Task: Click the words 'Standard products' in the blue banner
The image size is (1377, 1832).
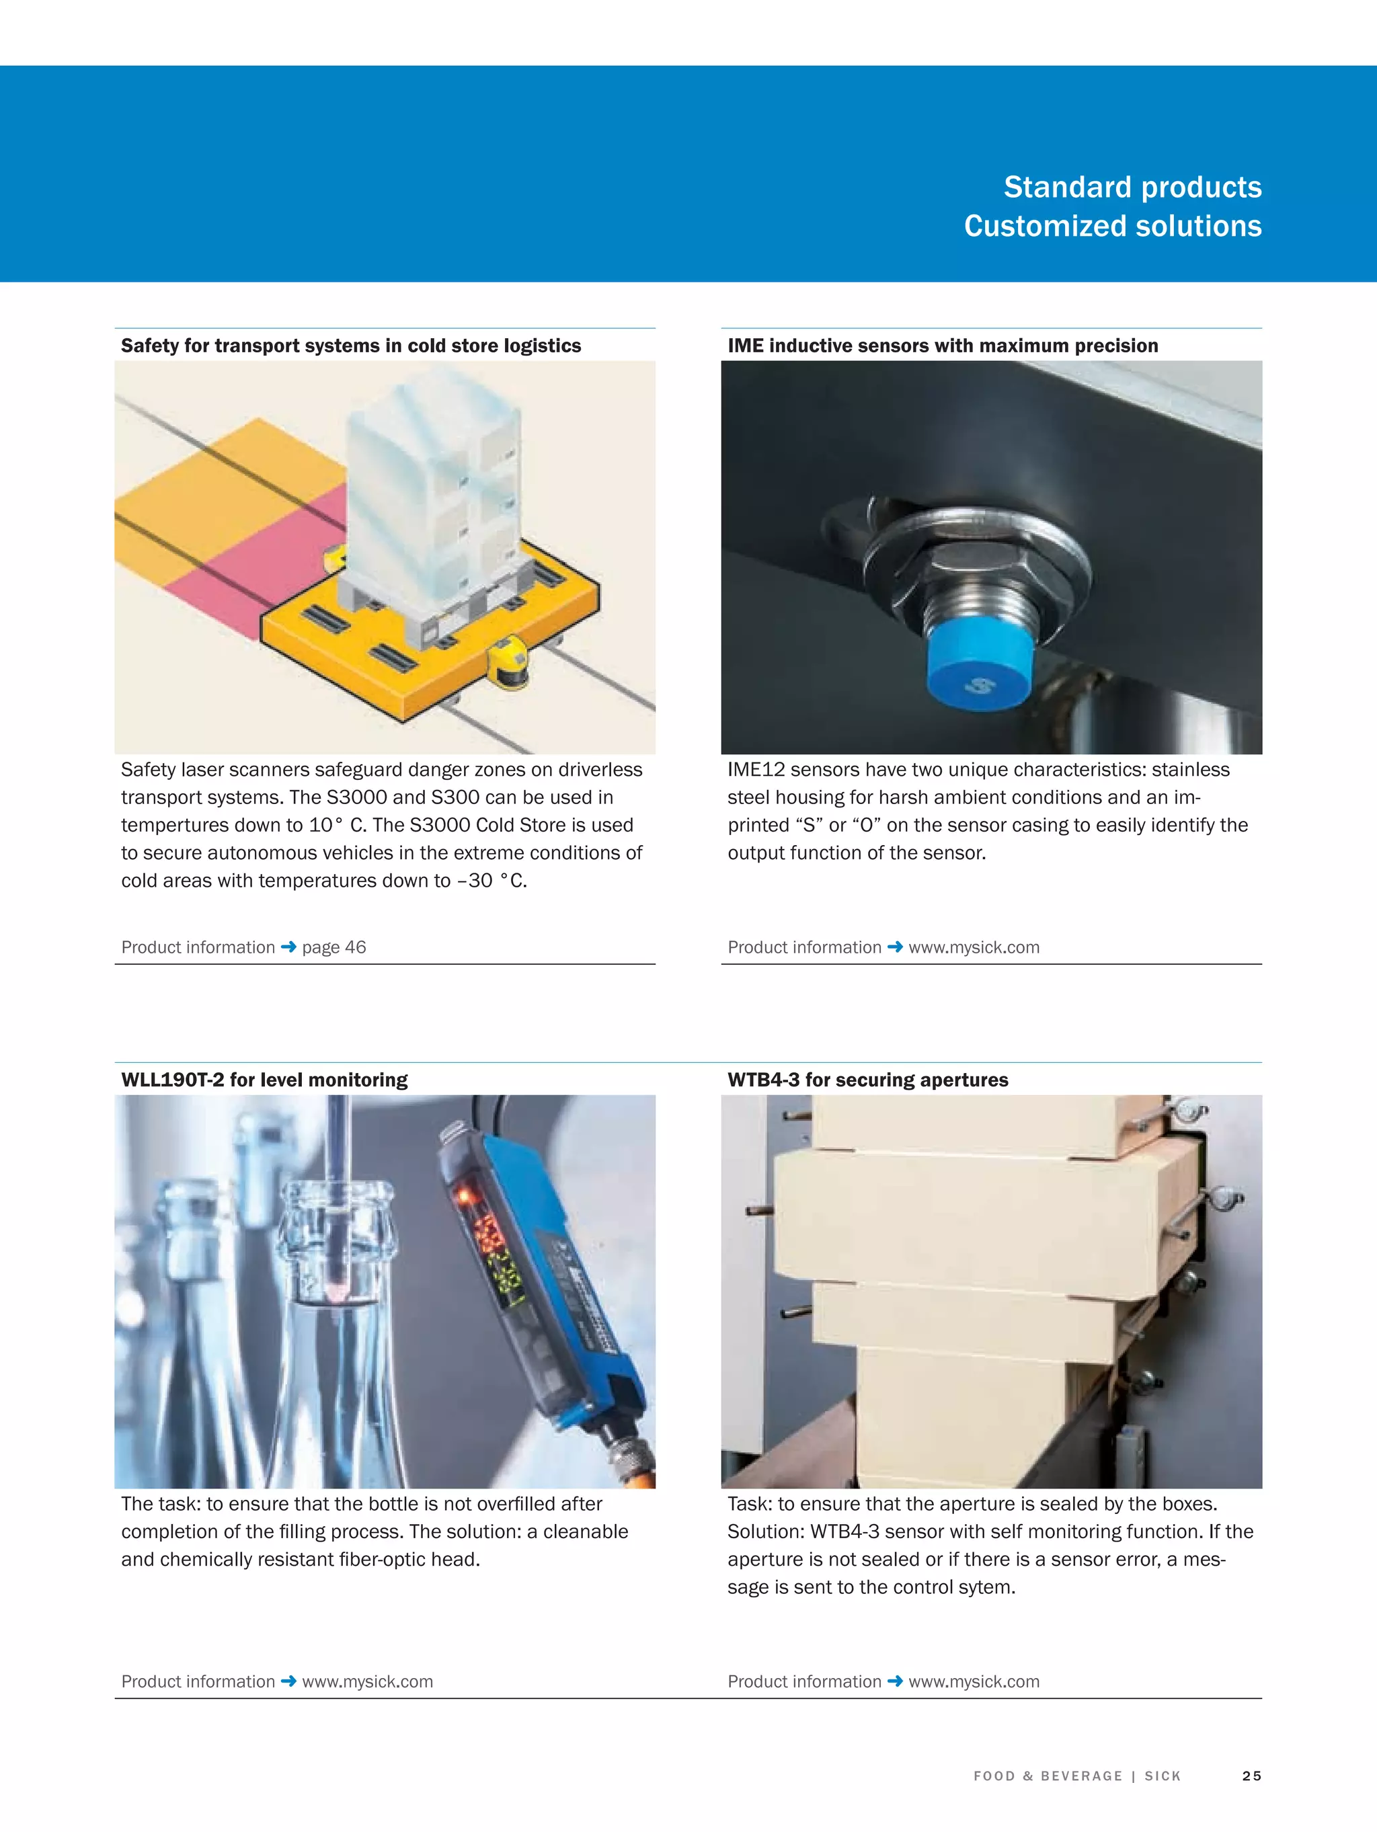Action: point(1132,187)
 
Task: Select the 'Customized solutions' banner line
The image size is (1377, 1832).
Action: point(1112,226)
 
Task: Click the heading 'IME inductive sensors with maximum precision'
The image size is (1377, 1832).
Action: point(942,346)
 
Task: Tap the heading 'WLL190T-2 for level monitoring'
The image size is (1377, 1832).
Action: point(264,1079)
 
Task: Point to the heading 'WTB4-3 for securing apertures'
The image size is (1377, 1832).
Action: point(867,1079)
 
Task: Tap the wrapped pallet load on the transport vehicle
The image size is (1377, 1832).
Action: point(431,489)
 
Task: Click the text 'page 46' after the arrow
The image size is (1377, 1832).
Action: point(334,947)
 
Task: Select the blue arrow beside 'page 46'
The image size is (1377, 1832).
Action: point(288,947)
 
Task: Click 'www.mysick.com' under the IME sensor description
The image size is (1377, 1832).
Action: point(974,947)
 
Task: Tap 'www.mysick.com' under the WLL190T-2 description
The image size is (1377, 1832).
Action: point(367,1681)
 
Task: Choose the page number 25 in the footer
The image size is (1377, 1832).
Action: point(1251,1776)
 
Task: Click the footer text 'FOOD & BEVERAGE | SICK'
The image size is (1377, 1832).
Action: point(1077,1776)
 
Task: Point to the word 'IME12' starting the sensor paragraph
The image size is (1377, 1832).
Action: point(756,769)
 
